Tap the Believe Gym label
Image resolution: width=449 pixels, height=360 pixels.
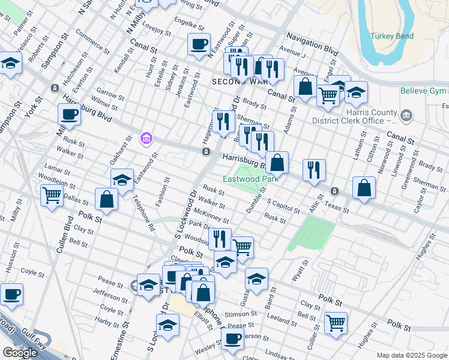click(424, 91)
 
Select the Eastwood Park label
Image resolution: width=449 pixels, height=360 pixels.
click(250, 179)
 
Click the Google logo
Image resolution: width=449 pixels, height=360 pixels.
click(19, 353)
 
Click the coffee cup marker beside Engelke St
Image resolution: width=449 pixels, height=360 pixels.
click(199, 45)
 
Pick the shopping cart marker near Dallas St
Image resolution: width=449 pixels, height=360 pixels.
click(52, 194)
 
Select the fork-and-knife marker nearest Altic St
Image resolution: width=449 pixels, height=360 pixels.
click(314, 170)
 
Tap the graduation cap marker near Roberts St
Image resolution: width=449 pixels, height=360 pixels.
click(10, 63)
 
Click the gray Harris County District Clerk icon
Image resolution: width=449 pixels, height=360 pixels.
click(406, 115)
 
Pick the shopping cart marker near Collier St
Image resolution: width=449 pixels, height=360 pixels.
click(336, 322)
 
